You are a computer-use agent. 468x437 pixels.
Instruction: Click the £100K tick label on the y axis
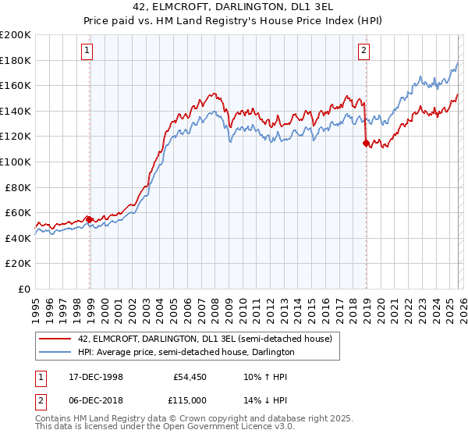click(16, 162)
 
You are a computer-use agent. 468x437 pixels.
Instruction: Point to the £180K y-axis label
click(16, 60)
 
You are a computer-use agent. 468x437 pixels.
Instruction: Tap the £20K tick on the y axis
click(18, 263)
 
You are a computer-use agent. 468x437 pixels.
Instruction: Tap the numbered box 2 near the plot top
click(363, 52)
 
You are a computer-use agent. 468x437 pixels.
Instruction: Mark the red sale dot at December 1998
click(89, 219)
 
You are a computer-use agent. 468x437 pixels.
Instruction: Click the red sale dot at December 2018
click(366, 143)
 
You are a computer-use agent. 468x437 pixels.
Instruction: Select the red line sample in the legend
click(55, 339)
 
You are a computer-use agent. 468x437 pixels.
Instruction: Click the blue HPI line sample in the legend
click(55, 352)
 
